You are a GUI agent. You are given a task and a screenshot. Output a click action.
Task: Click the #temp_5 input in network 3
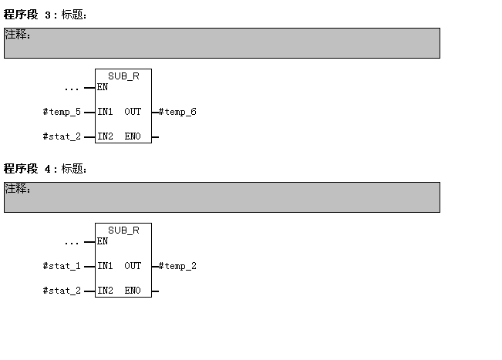coord(62,112)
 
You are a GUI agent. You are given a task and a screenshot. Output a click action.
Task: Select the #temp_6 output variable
coord(177,112)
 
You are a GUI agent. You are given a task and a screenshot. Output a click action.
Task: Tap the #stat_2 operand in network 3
coord(62,136)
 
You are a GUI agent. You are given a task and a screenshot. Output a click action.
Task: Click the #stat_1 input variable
coord(62,266)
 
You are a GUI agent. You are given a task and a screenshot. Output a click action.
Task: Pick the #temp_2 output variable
coord(177,266)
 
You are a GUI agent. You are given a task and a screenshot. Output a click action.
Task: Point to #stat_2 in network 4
coord(62,291)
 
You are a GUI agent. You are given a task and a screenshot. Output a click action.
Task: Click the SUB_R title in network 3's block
coord(123,76)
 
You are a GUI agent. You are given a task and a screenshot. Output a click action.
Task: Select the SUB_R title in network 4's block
coord(123,230)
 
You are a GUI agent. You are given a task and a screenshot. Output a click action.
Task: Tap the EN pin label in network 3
coord(103,87)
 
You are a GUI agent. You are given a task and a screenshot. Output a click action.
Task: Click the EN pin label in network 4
coord(103,241)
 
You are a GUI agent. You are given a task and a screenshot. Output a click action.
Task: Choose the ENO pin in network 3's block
coord(133,136)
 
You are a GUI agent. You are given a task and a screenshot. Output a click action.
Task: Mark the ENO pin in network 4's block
coord(133,291)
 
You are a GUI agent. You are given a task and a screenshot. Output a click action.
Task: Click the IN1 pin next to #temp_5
coord(105,112)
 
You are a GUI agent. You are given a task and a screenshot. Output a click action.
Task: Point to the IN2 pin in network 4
coord(105,291)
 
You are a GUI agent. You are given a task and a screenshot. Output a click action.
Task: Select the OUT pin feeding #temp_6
coord(133,112)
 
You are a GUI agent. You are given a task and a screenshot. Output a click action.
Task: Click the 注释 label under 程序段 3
coord(18,35)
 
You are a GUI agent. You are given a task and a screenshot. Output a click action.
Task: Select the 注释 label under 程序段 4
coord(18,189)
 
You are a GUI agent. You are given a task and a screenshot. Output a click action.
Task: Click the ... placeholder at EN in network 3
coord(72,88)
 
